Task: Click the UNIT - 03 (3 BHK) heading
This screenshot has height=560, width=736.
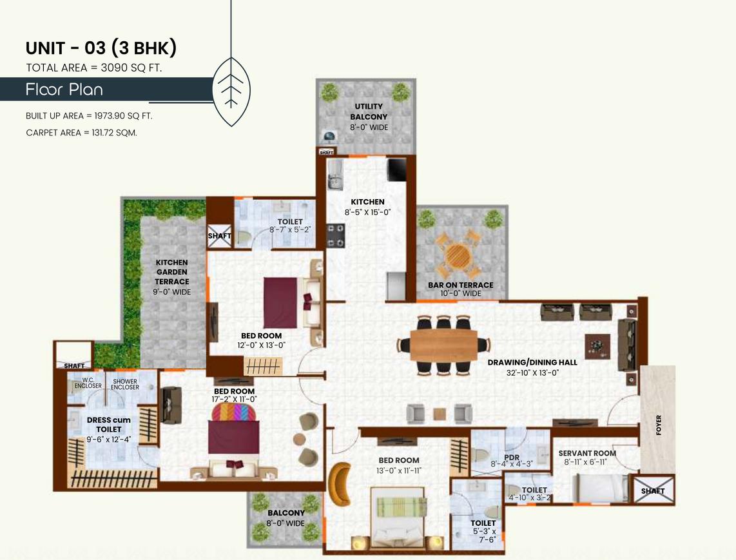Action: [x=101, y=48]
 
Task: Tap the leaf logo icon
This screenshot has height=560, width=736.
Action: [x=230, y=90]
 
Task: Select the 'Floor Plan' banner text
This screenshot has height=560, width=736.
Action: [x=64, y=90]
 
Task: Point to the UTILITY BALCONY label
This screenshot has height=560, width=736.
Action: [x=369, y=111]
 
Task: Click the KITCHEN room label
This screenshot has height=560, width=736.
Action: [x=367, y=202]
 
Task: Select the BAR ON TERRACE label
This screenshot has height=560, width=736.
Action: [x=460, y=285]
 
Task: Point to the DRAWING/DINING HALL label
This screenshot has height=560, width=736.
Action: [x=532, y=362]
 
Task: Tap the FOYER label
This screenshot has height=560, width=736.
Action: [x=658, y=425]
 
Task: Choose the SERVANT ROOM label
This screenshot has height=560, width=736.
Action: [x=587, y=453]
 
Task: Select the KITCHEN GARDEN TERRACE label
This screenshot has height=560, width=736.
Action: [x=171, y=272]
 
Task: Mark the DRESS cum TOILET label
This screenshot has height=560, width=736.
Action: [x=108, y=425]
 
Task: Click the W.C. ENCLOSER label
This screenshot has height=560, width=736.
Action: [x=88, y=383]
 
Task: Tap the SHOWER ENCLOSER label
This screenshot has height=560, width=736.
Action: [x=125, y=383]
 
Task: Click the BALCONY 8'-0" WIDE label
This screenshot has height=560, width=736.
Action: [x=286, y=518]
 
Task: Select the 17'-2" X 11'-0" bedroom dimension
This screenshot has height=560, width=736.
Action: [x=234, y=399]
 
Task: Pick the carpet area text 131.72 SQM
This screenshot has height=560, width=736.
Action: [x=81, y=133]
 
